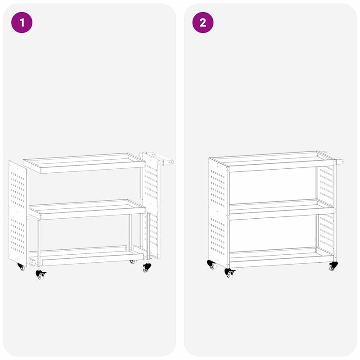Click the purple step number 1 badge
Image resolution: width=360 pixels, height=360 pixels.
(x=22, y=22)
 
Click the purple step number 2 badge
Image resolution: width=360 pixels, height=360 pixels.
(x=203, y=22)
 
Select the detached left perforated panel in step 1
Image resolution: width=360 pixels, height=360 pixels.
(x=18, y=214)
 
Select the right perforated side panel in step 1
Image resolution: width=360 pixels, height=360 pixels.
(x=152, y=205)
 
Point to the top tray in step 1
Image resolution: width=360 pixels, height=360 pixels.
(x=84, y=163)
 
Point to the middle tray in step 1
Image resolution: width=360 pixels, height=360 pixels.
(x=87, y=209)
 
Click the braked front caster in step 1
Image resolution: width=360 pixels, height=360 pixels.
(x=40, y=274)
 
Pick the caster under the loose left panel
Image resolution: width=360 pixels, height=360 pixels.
(x=21, y=267)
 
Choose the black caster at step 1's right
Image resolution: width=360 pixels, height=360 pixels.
(x=147, y=267)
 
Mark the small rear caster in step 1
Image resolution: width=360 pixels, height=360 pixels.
(x=132, y=261)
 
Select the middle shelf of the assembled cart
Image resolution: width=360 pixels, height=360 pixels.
(x=281, y=209)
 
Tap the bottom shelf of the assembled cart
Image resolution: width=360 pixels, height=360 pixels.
(x=281, y=257)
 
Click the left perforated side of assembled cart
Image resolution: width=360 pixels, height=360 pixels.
(x=218, y=211)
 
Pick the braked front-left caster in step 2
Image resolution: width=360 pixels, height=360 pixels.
(x=229, y=272)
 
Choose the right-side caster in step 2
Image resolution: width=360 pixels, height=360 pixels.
(x=333, y=266)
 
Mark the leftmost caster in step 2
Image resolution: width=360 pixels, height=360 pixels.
(x=211, y=265)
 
